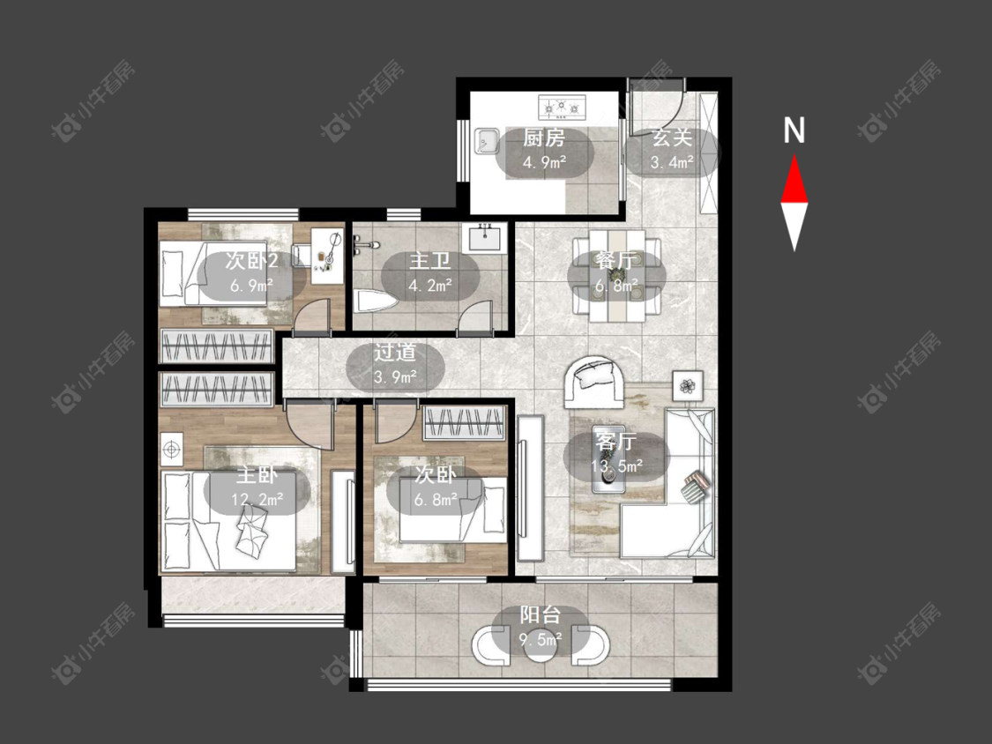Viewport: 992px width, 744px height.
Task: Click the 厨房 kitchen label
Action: pos(543,138)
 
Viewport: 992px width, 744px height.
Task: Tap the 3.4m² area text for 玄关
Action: pos(672,162)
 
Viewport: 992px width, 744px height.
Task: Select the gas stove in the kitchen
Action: pos(563,107)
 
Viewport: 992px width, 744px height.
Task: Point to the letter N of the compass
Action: pos(794,130)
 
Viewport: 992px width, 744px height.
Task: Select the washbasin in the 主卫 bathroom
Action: pos(485,238)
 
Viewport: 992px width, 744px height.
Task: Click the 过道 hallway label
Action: pos(394,353)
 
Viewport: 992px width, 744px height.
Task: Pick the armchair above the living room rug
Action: pos(594,382)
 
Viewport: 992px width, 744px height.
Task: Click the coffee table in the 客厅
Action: pos(608,467)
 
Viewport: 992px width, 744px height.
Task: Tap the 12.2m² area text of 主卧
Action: pos(257,500)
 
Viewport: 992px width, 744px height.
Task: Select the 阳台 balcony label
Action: pos(541,615)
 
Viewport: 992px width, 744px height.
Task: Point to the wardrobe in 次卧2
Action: pos(216,346)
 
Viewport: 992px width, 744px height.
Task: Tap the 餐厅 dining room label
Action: pos(616,260)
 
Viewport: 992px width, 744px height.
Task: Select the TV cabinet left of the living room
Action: pos(530,487)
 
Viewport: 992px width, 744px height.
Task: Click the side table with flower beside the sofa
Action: pos(687,385)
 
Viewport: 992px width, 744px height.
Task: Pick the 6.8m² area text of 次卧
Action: pos(436,500)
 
